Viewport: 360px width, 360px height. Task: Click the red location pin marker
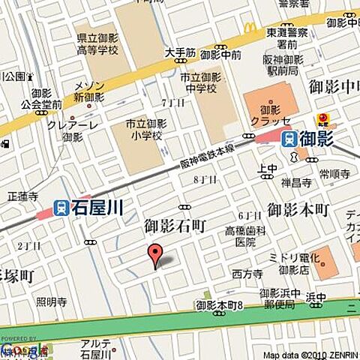pos(154,255)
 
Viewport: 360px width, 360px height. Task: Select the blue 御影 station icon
pos(289,139)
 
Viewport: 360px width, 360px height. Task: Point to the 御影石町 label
pos(175,225)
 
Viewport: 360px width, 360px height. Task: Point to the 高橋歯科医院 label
pos(245,237)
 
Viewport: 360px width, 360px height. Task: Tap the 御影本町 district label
pos(298,209)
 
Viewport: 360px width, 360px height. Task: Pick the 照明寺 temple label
pos(51,302)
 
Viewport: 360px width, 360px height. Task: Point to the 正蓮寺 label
pos(22,196)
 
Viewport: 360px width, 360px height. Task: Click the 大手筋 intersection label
pos(180,54)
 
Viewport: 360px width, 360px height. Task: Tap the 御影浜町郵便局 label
pos(279,298)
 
